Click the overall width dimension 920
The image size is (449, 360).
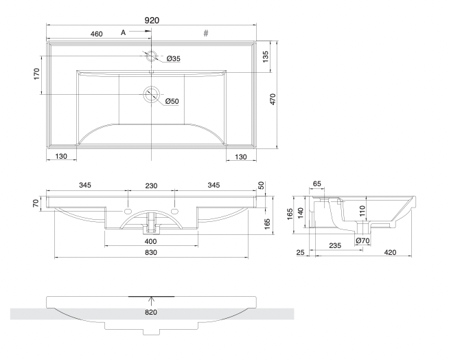pos(152,21)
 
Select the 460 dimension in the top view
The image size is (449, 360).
pos(97,33)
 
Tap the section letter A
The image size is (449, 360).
pos(124,32)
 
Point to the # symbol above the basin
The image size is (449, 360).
pos(205,33)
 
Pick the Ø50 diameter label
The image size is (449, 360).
pos(172,102)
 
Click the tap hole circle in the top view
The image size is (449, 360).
pos(151,55)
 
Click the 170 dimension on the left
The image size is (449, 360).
pos(36,74)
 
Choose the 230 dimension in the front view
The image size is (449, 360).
pos(151,185)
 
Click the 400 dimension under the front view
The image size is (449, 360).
pos(151,241)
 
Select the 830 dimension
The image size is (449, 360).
pos(151,254)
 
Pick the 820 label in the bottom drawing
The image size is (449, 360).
pos(151,313)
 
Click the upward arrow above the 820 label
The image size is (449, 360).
pos(151,300)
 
